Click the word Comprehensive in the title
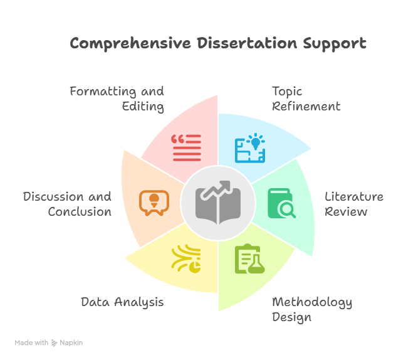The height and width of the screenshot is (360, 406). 130,43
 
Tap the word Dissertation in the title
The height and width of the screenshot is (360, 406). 247,43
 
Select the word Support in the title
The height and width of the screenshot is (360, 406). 335,43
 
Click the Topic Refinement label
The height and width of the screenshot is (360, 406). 306,98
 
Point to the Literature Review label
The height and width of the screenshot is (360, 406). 354,204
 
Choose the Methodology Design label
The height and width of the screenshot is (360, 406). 312,310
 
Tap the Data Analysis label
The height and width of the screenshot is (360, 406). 122,302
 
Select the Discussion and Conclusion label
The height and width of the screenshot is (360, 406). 67,204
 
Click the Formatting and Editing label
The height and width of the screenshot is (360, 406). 117,99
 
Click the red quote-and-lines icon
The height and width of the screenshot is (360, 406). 186,148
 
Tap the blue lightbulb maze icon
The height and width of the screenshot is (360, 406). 250,148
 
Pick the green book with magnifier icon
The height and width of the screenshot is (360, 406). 282,203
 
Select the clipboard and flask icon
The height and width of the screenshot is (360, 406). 250,258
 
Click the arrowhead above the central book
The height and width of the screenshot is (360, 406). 225,185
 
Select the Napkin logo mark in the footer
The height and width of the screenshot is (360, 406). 54,343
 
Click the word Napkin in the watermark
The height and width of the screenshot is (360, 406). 71,343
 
